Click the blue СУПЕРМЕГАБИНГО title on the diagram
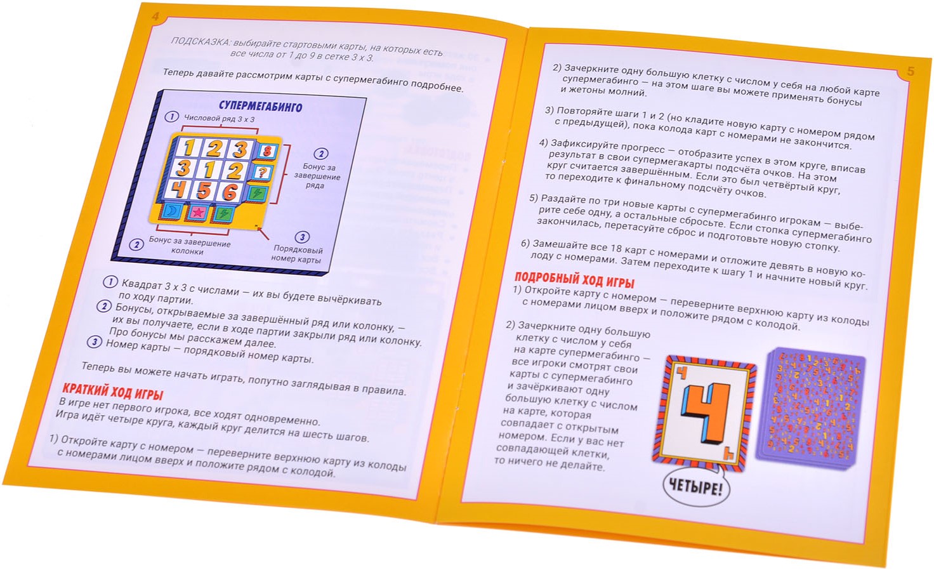260,107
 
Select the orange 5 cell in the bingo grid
204,191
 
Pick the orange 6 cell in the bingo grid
230,192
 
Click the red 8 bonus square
267,150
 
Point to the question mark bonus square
262,172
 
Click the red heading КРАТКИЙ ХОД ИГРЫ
112,392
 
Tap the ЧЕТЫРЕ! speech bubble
695,487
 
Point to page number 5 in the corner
911,71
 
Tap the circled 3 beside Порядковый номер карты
302,237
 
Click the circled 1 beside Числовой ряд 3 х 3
171,116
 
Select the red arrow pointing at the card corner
263,234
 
